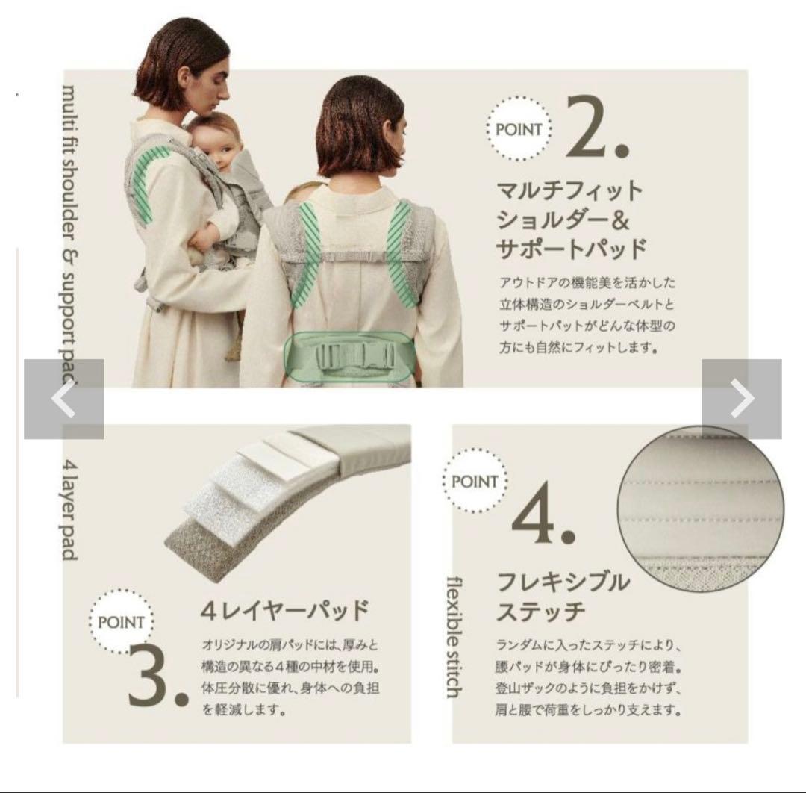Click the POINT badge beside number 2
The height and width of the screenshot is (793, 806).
tap(519, 129)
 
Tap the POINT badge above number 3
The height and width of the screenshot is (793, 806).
tap(121, 622)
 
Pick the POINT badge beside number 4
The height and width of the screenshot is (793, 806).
tap(475, 482)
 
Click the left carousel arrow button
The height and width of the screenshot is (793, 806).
tap(64, 399)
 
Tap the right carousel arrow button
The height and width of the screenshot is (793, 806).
tap(742, 399)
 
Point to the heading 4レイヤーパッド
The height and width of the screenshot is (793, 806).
tap(284, 611)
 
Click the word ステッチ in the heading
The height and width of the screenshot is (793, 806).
tap(541, 612)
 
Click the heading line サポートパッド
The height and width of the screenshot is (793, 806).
tap(571, 249)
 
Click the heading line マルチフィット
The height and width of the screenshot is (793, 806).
tap(569, 191)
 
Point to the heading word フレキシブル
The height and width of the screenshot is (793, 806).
tap(563, 582)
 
